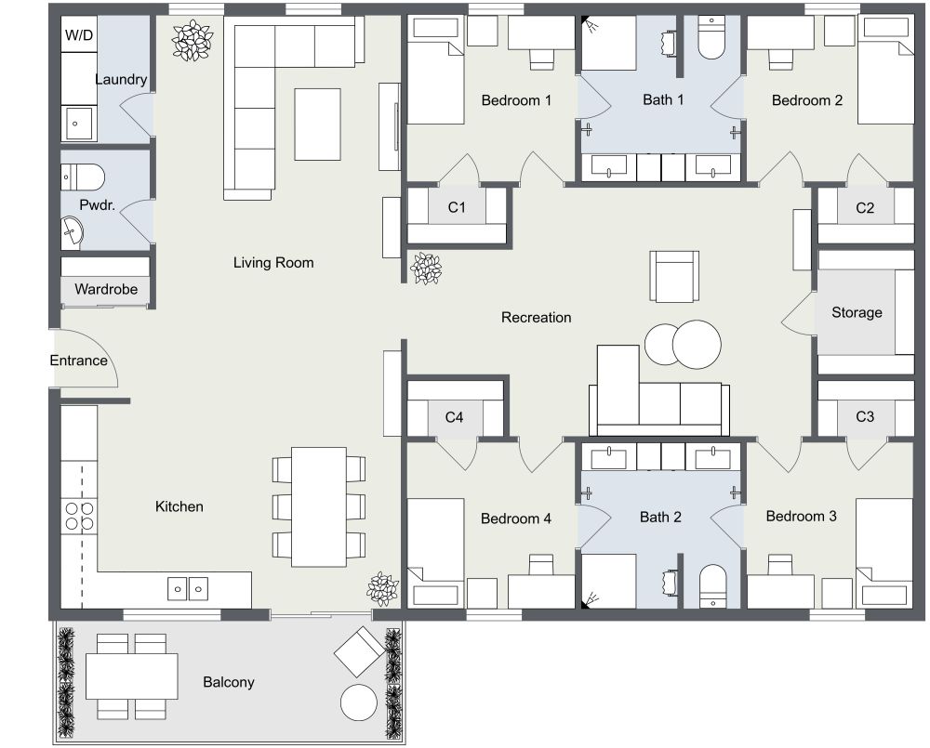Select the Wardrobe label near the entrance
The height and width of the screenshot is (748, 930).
[106, 289]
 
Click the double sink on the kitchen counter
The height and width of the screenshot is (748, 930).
[188, 587]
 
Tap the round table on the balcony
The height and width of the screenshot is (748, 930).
[358, 702]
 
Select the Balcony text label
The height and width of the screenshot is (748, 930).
[229, 682]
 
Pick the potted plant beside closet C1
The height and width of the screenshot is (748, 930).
[427, 269]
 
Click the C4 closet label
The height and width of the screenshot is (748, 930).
[453, 417]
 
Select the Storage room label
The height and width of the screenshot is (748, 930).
[857, 312]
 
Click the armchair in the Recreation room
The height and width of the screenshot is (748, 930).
[674, 276]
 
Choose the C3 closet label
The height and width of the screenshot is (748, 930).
[865, 416]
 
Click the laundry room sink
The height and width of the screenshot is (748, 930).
[78, 123]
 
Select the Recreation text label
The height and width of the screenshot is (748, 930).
[536, 317]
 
